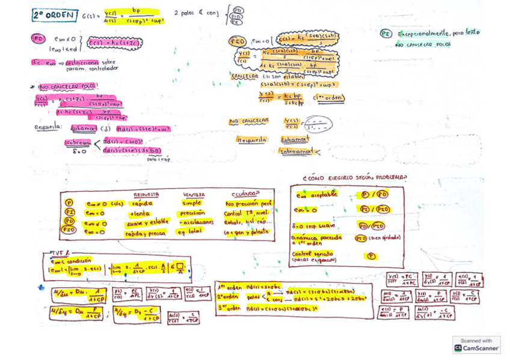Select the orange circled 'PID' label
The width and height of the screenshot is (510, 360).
236,41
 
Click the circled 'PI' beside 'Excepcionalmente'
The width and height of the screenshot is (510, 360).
387,34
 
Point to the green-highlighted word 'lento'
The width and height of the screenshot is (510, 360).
473,32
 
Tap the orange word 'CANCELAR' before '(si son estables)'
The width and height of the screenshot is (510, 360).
245,76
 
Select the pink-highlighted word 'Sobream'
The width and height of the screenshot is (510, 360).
78,143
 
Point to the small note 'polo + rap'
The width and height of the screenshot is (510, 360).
158,159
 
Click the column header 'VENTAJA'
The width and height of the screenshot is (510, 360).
193,195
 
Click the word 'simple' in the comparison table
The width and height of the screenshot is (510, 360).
191,203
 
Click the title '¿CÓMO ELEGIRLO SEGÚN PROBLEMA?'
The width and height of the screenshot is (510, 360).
355,177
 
